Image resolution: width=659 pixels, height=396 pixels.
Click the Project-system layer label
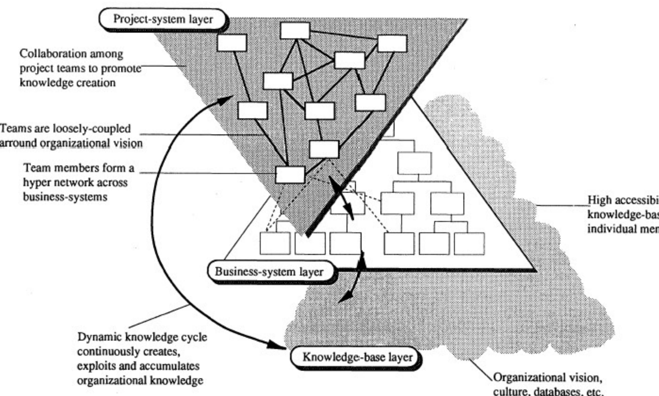tap(163, 19)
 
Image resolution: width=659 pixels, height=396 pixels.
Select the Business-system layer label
tap(269, 272)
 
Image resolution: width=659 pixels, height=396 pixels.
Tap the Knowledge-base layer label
tap(357, 357)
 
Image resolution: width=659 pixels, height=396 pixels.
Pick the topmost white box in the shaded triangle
tap(295, 31)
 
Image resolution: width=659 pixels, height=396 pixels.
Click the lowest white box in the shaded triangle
tap(290, 175)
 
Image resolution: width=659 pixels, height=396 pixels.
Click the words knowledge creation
tap(68, 83)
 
